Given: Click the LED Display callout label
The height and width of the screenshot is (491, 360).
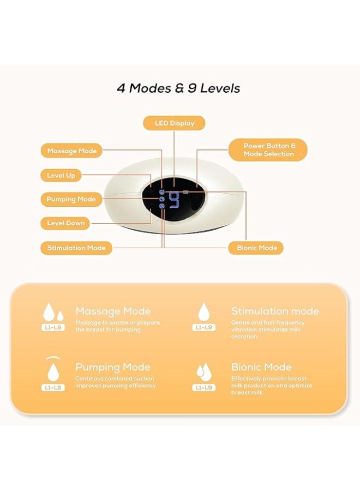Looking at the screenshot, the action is click(174, 123).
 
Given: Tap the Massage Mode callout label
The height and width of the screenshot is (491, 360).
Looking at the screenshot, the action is click(71, 151).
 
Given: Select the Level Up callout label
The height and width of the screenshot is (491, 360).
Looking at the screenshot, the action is click(61, 175).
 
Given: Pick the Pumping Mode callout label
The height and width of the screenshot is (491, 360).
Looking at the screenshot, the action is click(71, 199).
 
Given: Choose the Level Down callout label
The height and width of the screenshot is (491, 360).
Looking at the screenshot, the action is click(66, 223).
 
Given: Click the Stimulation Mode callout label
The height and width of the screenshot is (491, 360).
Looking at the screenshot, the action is click(76, 248).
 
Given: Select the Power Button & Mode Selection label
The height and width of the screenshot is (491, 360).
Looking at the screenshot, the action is click(268, 149).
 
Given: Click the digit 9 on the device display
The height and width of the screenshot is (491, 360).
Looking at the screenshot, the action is click(175, 200).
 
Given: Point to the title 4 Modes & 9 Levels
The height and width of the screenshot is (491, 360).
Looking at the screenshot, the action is click(178, 88).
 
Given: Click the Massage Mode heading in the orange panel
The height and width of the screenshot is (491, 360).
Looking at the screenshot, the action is click(113, 311).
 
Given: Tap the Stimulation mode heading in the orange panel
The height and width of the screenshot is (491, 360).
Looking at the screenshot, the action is click(275, 311).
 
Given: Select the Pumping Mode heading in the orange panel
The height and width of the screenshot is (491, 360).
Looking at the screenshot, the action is click(113, 367).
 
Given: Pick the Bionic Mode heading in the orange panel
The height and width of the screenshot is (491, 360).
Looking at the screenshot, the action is click(261, 367).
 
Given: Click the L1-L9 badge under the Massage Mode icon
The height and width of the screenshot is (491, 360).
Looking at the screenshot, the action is click(53, 327).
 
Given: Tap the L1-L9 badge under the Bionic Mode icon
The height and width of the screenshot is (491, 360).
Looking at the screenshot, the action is click(204, 387).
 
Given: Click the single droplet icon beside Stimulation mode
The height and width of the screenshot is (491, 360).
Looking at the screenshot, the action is click(204, 312).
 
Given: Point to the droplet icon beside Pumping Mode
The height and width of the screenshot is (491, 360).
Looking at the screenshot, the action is click(53, 372).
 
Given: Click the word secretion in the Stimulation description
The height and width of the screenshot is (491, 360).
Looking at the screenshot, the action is click(244, 337).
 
